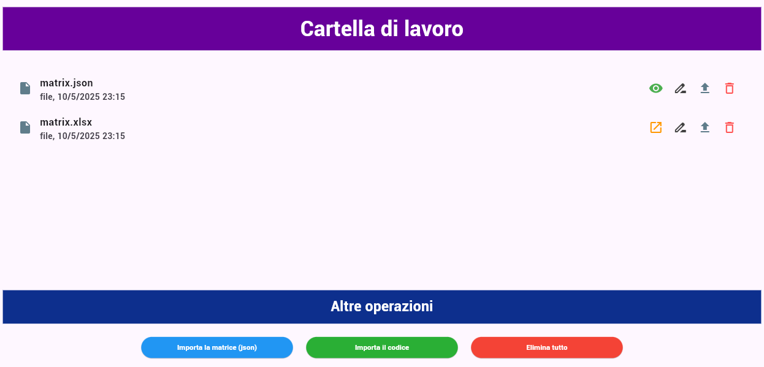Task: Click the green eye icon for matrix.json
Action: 655,88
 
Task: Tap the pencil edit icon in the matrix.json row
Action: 680,88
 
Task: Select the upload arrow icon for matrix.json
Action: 705,88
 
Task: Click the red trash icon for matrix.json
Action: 729,88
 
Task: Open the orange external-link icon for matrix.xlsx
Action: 655,127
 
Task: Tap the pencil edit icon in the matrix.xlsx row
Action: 680,127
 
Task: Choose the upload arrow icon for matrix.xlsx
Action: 705,127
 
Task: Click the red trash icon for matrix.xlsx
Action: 729,127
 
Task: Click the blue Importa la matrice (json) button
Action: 217,347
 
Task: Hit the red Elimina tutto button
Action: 547,347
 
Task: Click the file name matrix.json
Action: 66,83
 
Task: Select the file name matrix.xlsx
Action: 66,122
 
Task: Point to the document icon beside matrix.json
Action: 25,88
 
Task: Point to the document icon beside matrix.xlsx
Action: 25,127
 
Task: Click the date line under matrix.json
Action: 82,97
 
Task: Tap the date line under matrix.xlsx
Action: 82,136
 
